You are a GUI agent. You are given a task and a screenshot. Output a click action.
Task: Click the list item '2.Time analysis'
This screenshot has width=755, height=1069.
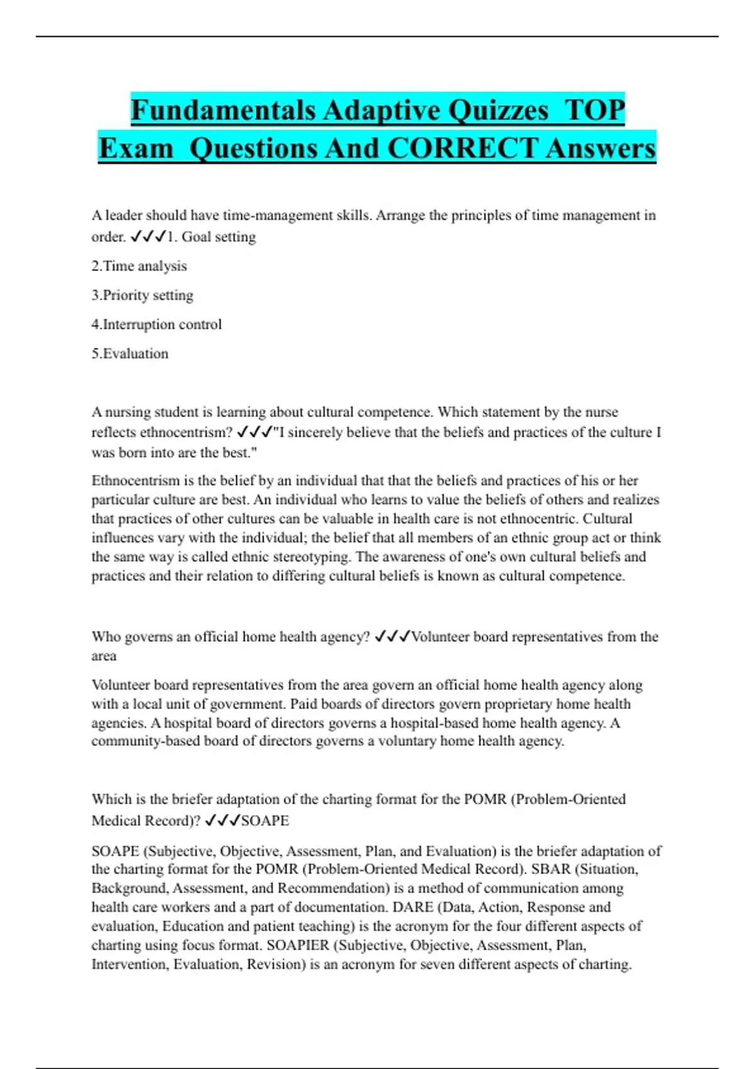(139, 266)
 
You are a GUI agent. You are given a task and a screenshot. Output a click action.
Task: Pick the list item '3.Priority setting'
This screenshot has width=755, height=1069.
(142, 295)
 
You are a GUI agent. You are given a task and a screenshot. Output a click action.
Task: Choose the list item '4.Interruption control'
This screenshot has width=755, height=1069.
(157, 324)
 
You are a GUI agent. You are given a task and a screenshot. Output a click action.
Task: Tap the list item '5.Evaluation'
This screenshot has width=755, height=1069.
(130, 353)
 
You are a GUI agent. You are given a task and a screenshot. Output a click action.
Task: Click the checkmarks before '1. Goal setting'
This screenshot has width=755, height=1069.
(148, 237)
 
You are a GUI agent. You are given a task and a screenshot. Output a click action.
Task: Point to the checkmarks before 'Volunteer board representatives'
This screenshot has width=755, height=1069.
(392, 636)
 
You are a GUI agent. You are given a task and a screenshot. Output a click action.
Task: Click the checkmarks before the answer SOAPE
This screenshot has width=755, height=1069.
(223, 821)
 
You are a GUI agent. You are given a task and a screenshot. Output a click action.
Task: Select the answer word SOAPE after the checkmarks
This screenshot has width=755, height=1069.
(265, 821)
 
